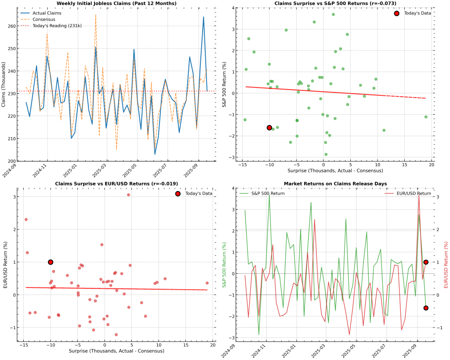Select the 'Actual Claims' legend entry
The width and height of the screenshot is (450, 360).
click(44, 13)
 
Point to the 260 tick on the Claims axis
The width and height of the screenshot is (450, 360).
click(12, 26)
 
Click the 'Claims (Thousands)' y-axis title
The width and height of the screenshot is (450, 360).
click(4, 84)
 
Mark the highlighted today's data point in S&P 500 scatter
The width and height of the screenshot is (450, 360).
click(269, 127)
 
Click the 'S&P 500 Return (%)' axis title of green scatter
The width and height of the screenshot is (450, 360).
click(224, 84)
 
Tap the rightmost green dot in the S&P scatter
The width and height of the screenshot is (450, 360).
click(426, 117)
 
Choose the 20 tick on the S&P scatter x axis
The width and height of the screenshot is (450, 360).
click(432, 164)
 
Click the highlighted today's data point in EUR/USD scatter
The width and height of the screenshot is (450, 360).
click(51, 262)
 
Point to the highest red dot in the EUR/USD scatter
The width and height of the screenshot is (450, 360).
click(128, 195)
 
